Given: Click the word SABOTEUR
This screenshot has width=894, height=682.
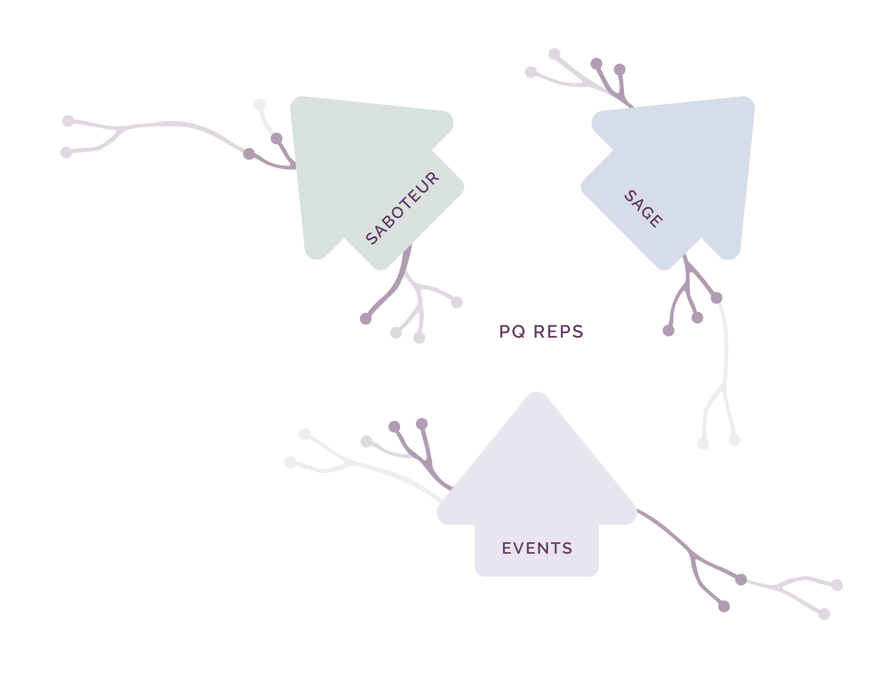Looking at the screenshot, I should [x=402, y=209].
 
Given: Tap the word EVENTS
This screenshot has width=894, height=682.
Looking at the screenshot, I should [x=537, y=549].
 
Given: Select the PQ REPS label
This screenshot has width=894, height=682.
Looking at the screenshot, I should [x=541, y=332].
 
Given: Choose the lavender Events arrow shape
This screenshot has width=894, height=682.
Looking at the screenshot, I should [x=536, y=487].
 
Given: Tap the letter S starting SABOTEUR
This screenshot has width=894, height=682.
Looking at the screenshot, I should [x=372, y=238].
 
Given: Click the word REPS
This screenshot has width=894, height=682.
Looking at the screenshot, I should [x=558, y=332].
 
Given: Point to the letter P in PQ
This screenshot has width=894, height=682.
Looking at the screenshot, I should [x=505, y=332].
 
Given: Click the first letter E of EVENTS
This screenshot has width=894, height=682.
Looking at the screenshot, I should [x=507, y=549].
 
